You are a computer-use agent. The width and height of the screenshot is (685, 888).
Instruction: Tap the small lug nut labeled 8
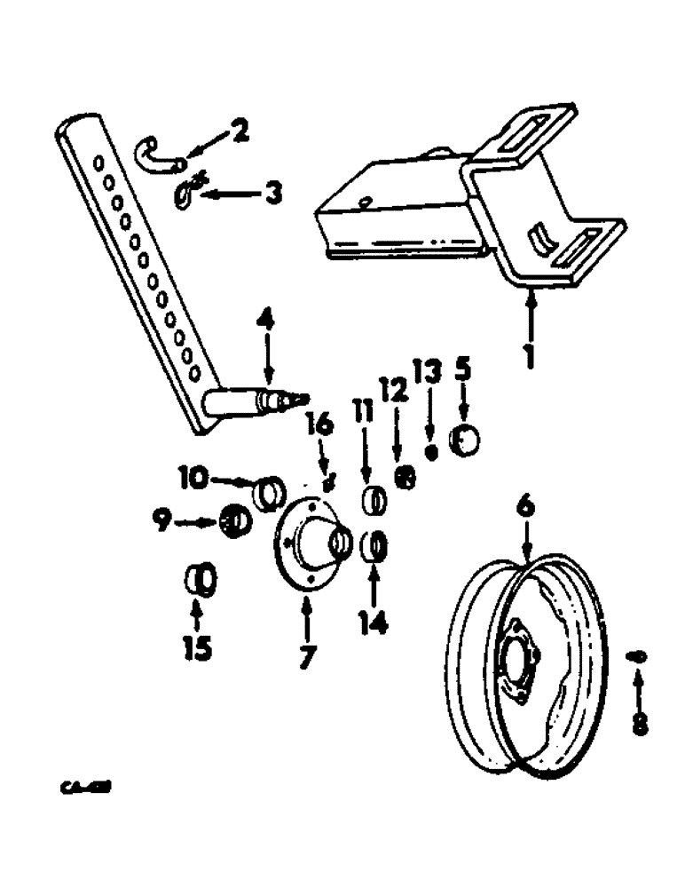tap(637, 656)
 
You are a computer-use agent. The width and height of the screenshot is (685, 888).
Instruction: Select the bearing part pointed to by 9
tap(233, 522)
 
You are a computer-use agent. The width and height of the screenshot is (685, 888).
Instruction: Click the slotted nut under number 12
tap(405, 478)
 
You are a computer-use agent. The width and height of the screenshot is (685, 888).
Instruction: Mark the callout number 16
tap(321, 427)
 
